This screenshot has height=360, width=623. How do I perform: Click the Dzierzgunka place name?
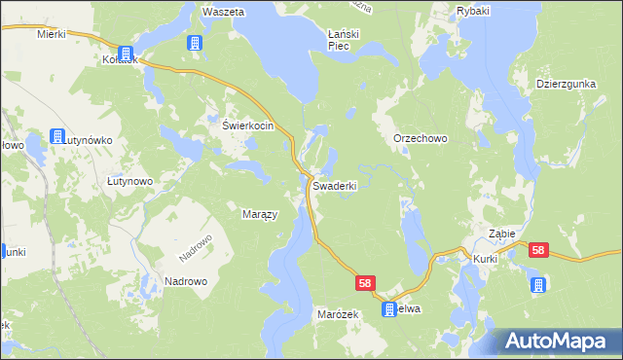566,85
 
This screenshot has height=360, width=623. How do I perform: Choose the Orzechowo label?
420,139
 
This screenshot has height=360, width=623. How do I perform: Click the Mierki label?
50,33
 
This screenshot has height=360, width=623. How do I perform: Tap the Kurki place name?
486,260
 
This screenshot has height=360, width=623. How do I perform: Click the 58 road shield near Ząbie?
539,251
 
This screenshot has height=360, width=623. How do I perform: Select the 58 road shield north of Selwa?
365,283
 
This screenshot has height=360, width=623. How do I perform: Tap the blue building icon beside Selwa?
389,310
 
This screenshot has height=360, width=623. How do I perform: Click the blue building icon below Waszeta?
195,43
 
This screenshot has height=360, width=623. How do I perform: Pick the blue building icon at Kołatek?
126,54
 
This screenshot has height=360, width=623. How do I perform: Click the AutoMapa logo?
559,341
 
